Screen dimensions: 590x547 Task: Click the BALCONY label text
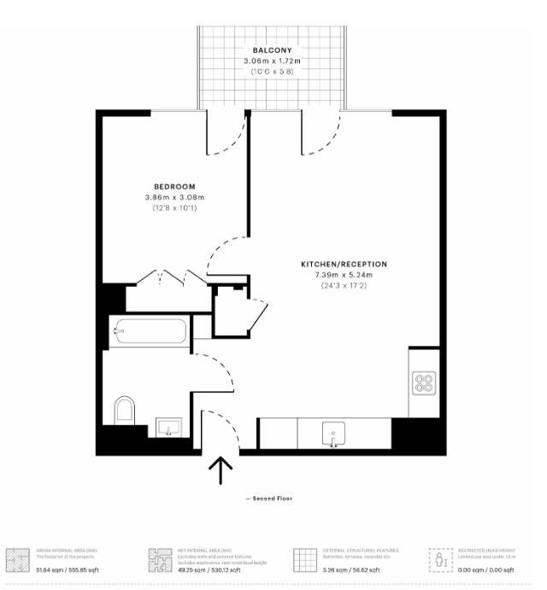click(x=271, y=50)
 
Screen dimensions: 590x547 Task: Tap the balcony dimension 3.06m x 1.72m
click(x=271, y=61)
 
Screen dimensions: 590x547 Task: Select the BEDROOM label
click(x=174, y=186)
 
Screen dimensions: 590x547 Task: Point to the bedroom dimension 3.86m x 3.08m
click(x=174, y=197)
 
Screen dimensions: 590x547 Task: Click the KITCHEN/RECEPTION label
click(x=344, y=264)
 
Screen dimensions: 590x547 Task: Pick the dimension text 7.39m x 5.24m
click(x=344, y=275)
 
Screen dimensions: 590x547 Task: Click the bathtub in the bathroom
click(x=150, y=331)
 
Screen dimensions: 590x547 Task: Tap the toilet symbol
click(x=125, y=411)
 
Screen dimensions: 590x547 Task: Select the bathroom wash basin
click(x=169, y=426)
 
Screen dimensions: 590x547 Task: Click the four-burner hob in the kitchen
click(x=424, y=383)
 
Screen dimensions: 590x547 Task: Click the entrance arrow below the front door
click(x=221, y=470)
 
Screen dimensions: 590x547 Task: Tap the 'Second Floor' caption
click(x=269, y=498)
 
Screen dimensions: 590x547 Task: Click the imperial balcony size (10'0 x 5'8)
click(x=271, y=73)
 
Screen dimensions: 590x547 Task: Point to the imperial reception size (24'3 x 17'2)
click(x=344, y=285)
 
